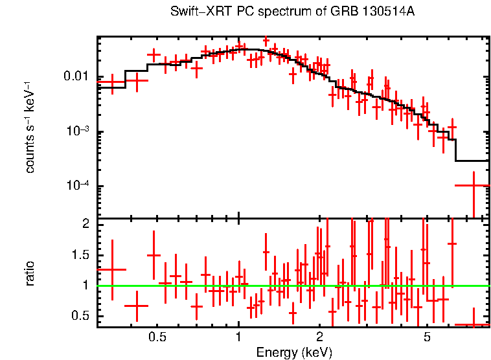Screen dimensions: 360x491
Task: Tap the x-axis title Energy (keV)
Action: point(293,352)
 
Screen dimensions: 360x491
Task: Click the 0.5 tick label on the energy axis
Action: point(157,337)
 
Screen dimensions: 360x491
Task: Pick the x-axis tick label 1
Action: point(238,337)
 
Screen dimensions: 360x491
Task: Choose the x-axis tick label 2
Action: point(319,337)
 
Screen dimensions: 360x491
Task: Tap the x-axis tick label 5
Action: point(427,337)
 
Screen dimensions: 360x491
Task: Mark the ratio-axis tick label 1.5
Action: point(79,255)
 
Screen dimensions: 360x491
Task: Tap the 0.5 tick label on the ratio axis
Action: point(79,316)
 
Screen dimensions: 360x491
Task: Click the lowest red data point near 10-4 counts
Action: point(473,186)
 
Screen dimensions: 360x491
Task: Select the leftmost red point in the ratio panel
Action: point(112,269)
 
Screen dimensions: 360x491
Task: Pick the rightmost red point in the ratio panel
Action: point(473,324)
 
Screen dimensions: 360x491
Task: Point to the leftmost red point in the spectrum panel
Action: point(112,83)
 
